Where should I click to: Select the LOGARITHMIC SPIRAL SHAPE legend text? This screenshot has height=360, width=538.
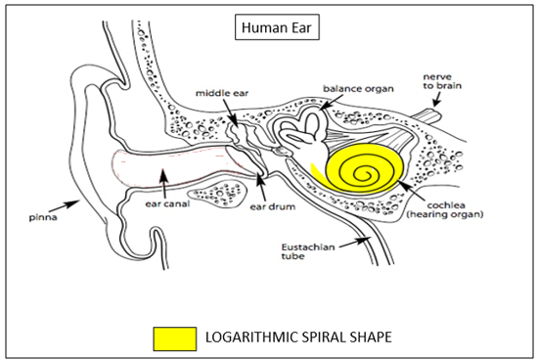(298, 337)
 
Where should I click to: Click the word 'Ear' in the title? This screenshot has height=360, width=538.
(295, 27)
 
